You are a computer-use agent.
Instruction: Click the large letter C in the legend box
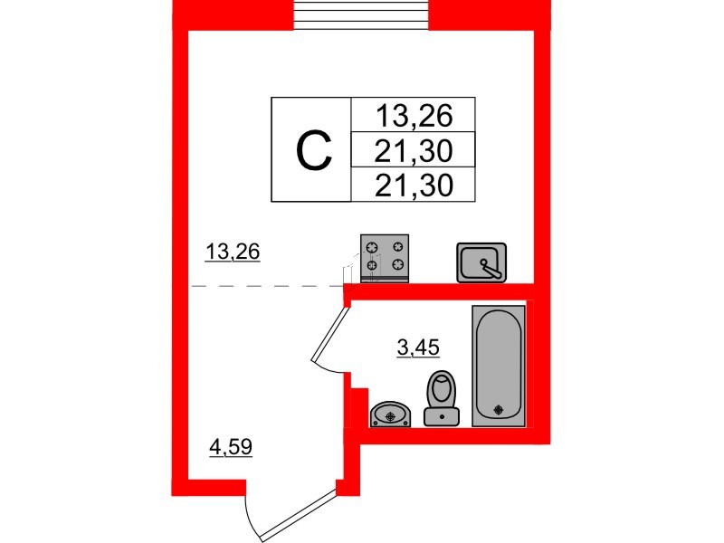coord(314,149)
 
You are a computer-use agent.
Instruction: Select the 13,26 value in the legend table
coord(414,116)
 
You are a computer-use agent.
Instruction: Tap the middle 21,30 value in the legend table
coord(414,150)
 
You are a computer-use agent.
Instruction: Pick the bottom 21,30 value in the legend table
coord(414,186)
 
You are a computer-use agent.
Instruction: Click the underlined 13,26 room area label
coord(233,252)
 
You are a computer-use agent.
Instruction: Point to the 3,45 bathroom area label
coord(418,348)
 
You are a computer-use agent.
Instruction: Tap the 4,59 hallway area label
coord(231,447)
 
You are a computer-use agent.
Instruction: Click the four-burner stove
coord(385,258)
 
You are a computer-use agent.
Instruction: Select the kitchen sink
coord(481,262)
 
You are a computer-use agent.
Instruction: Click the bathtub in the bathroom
coord(499,366)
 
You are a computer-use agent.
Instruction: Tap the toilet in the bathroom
coord(442,398)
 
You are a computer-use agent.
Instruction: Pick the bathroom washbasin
coord(391,414)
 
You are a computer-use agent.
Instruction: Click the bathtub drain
coord(499,409)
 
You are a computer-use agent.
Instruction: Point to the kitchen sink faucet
coord(491,269)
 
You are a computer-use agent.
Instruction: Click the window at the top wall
coord(363,14)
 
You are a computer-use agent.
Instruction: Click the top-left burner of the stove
coord(372,248)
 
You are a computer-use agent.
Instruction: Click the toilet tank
coord(442,417)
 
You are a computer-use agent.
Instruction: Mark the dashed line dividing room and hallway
coord(259,286)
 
